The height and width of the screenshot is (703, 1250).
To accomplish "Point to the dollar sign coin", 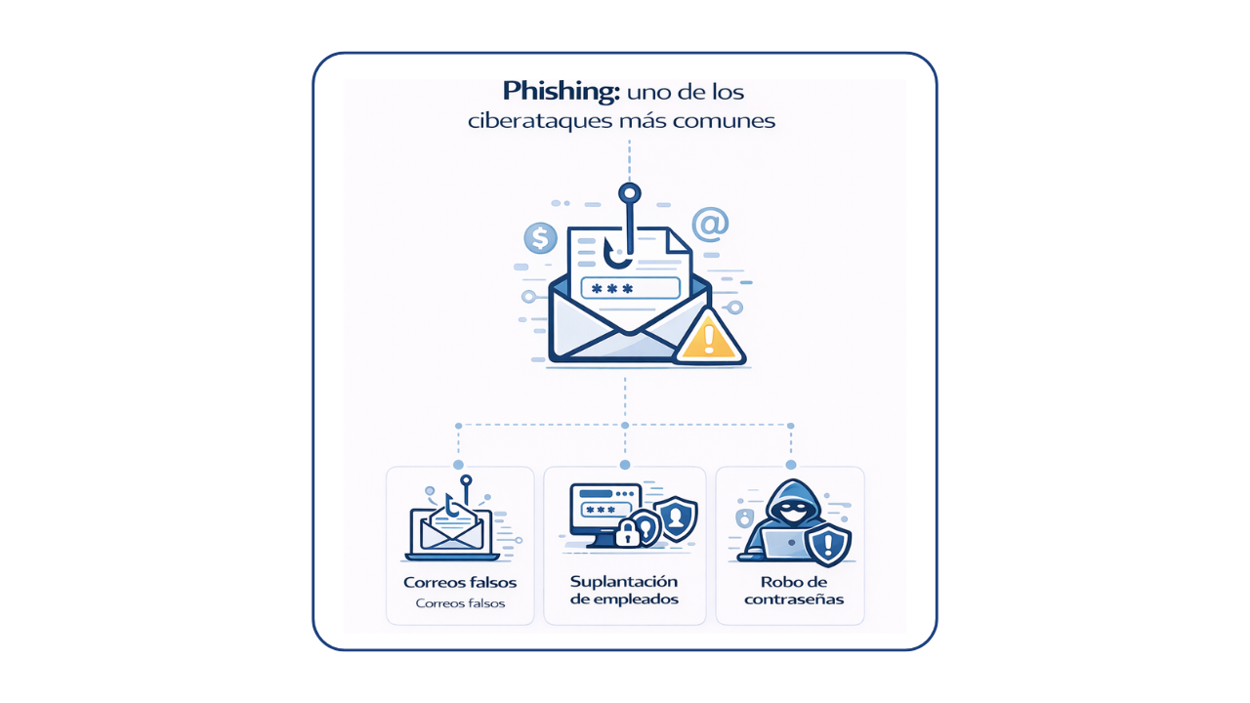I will [540, 237].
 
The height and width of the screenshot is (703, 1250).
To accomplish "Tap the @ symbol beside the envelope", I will [710, 224].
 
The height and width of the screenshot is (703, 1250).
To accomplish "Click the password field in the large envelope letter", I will [630, 288].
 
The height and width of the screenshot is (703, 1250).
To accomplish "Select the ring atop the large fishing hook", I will [630, 192].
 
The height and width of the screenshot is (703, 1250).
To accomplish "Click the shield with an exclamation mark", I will [829, 543].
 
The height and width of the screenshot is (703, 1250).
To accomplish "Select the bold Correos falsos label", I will [460, 583].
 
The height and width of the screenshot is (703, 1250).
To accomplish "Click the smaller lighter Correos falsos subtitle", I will [460, 603].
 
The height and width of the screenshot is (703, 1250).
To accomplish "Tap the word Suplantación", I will [624, 581].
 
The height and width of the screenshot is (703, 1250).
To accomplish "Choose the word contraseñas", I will [793, 600].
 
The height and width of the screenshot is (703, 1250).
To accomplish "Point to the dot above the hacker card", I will [790, 465].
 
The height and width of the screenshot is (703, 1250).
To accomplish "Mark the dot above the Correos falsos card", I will [458, 465].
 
